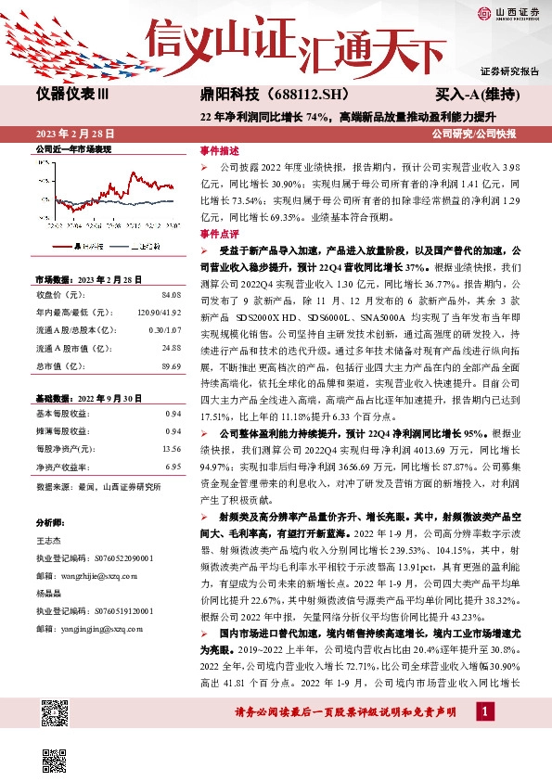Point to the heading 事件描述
click(219, 150)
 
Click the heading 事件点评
click(219, 235)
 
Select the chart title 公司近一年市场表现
click(72, 148)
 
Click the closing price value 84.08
click(171, 294)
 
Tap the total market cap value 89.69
click(171, 366)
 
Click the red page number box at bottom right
click(483, 711)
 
